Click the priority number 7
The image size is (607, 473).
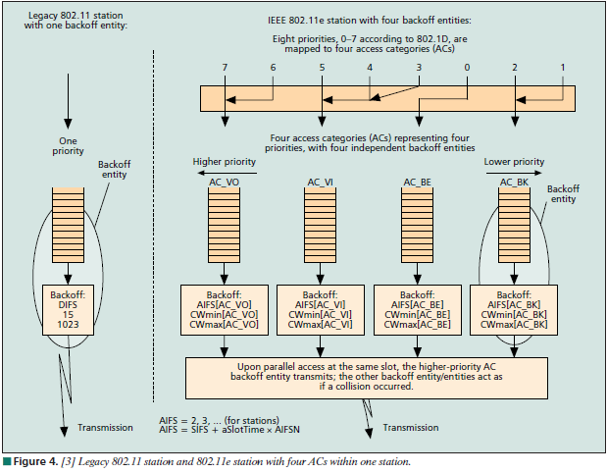tap(226, 67)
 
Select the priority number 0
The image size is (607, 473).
tap(467, 67)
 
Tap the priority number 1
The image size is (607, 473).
tap(562, 67)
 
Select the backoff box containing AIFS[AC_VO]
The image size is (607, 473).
tap(225, 309)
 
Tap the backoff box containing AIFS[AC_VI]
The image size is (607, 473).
tap(321, 309)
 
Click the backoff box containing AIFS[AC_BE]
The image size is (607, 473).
tap(418, 309)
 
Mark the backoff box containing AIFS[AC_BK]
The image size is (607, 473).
tap(514, 309)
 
